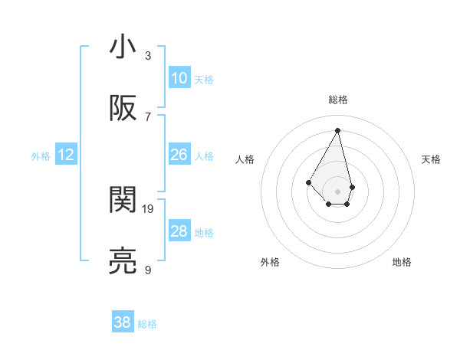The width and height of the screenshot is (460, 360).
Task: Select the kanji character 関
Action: (x=123, y=200)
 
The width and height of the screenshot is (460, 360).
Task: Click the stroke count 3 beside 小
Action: (x=148, y=55)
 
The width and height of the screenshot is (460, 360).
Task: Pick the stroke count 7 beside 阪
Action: (x=148, y=116)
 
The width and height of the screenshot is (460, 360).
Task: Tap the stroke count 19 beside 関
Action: (x=149, y=208)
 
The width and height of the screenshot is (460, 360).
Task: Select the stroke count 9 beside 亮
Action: (x=148, y=270)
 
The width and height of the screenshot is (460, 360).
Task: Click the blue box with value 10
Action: (x=179, y=78)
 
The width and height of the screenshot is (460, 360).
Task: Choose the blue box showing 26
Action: (x=179, y=155)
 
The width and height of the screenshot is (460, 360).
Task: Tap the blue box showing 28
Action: (x=179, y=231)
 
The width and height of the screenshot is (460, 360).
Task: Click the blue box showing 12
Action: (x=66, y=155)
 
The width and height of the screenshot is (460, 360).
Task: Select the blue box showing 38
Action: (x=123, y=322)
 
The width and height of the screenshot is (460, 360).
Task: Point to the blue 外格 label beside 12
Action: (x=41, y=156)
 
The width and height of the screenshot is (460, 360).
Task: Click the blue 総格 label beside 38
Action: (x=147, y=324)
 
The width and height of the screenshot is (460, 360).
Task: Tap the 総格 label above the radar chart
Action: (x=338, y=100)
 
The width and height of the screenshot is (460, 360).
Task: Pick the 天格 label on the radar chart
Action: (x=432, y=159)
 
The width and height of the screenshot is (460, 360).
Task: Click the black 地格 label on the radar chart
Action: (x=402, y=262)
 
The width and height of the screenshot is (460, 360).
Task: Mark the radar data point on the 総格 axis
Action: (x=338, y=129)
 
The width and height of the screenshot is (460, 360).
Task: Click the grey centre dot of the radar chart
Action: (x=338, y=190)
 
